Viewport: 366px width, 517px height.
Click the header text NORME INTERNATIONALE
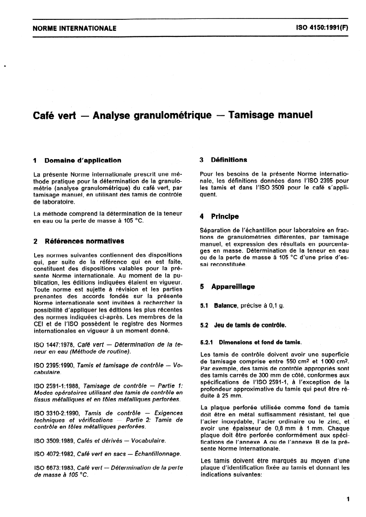click(x=74, y=29)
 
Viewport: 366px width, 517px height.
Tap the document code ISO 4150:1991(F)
click(x=321, y=28)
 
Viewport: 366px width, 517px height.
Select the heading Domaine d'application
click(x=83, y=160)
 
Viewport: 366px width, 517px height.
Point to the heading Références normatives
click(x=84, y=241)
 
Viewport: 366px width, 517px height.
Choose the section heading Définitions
click(x=228, y=160)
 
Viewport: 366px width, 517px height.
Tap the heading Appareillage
click(x=233, y=286)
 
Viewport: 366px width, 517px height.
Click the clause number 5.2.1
click(x=209, y=342)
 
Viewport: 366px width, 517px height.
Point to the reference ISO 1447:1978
click(x=54, y=345)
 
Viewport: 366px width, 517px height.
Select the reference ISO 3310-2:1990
click(x=56, y=413)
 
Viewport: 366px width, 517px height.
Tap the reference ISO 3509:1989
click(x=54, y=441)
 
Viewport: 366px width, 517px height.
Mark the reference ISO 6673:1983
click(x=54, y=468)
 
